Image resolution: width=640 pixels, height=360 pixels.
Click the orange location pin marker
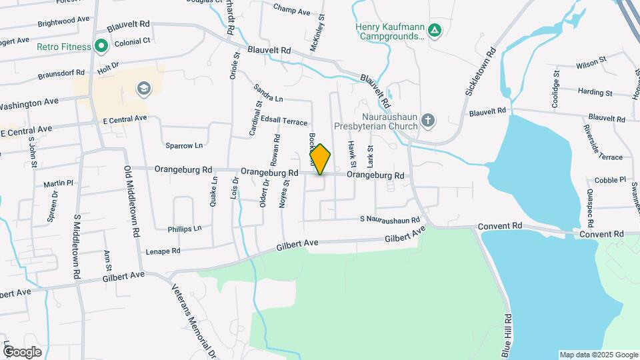[320, 159]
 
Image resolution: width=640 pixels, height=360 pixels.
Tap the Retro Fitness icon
[101, 46]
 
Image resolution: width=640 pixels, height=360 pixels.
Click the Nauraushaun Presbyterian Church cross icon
[428, 121]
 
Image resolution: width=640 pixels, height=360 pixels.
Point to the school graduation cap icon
[143, 89]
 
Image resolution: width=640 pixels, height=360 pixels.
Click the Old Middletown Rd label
[131, 203]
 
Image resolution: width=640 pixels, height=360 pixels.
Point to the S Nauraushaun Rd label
[390, 219]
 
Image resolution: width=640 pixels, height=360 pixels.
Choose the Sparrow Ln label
[183, 145]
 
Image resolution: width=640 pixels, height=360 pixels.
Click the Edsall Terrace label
[285, 121]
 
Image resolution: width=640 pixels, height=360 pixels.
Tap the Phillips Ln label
[184, 228]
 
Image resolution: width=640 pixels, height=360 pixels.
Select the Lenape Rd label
[163, 251]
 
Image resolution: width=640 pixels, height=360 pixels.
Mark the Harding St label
[595, 92]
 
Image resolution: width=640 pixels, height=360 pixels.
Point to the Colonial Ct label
[133, 41]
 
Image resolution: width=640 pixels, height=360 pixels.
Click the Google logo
[22, 351]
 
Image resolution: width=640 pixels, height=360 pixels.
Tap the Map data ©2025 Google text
[598, 355]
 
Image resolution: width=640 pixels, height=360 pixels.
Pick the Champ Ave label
[292, 11]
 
